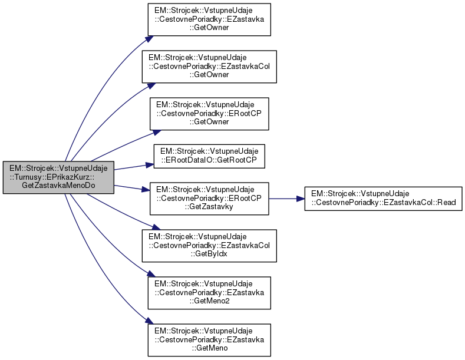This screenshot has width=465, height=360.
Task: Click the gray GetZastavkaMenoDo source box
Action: [58, 177]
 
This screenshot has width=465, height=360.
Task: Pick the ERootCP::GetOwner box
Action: [209, 114]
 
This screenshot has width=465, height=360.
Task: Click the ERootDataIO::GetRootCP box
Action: [209, 156]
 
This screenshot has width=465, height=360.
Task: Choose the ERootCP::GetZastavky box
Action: [209, 199]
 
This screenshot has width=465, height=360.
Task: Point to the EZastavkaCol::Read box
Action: [382, 199]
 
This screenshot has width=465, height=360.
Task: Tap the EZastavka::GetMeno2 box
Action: [209, 292]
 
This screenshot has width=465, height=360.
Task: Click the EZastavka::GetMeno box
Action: [209, 339]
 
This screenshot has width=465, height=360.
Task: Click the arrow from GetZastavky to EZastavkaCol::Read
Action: [286, 199]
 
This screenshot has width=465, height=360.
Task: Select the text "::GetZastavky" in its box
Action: [209, 207]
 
